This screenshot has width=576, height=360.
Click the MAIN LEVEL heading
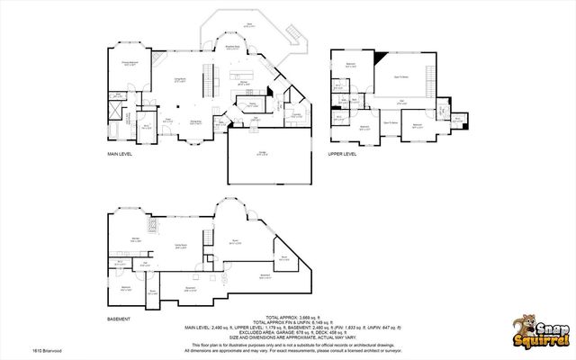pos(121,154)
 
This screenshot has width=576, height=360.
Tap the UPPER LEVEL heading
pos(343,154)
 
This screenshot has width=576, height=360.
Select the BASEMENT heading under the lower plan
pos(119,319)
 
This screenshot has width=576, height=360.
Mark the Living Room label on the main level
pos(180,80)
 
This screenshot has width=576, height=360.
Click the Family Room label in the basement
pos(180,245)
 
